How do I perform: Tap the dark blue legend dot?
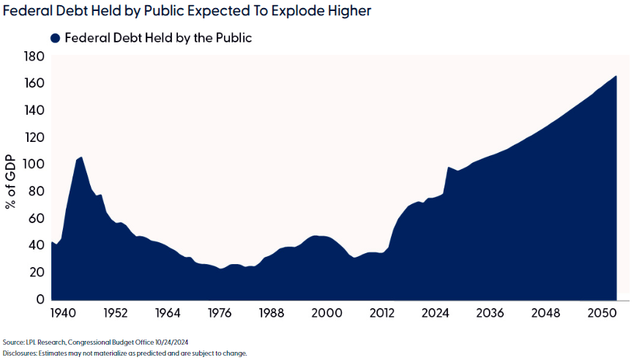click(55, 38)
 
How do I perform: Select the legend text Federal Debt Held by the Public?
click(158, 38)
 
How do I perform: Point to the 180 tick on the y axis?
click(34, 56)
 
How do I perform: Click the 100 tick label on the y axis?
click(34, 165)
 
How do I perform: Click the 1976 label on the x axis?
click(220, 313)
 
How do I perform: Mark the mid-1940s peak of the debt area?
click(81, 157)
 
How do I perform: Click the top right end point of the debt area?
click(616, 76)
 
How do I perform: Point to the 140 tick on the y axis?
click(34, 110)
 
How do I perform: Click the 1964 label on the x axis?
click(168, 313)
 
